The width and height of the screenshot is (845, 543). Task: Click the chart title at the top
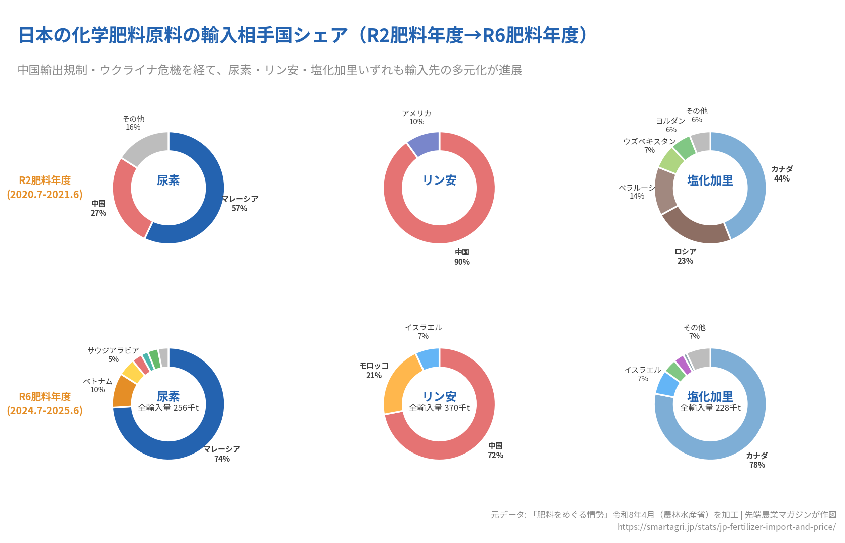(302, 35)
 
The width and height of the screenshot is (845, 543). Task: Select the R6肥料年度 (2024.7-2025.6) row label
(45, 403)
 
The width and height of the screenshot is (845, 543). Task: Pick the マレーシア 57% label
(239, 203)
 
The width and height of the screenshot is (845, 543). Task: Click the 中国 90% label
(462, 257)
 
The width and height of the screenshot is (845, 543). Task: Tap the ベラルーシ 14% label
(637, 192)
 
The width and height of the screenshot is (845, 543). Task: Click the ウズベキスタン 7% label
(649, 145)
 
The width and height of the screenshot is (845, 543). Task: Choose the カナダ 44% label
(782, 173)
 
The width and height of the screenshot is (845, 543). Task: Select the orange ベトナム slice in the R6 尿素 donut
(123, 391)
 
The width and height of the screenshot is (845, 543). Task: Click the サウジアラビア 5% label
(113, 354)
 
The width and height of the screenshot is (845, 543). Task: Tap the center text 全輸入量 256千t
(168, 408)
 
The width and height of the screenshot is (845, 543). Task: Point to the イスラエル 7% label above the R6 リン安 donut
(424, 331)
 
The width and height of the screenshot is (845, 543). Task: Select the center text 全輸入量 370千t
(439, 408)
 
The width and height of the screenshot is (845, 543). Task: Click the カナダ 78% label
(757, 460)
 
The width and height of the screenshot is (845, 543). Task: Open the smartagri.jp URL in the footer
(726, 527)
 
